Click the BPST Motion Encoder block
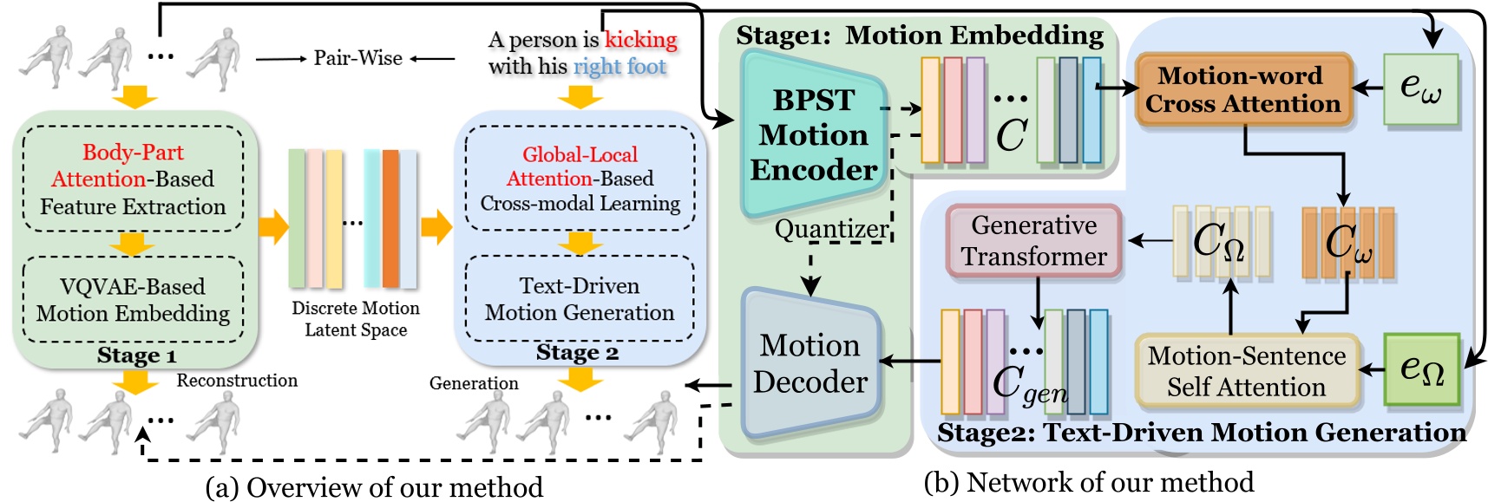point(812,134)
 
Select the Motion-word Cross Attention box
point(1242,90)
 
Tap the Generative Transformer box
point(1033,241)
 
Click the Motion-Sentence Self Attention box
point(1246,371)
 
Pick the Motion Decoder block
point(810,363)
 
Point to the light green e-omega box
point(1419,88)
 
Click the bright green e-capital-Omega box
point(1421,369)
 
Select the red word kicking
point(640,40)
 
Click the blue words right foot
point(619,67)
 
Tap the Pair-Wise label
point(357,58)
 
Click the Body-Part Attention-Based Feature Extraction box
point(133,179)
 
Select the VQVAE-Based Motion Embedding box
point(133,299)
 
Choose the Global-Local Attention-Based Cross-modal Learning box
point(580,179)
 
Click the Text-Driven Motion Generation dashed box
point(580,299)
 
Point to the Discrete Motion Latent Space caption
point(355,319)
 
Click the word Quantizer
point(831,229)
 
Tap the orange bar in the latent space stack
point(390,218)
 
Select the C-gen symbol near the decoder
point(1029,384)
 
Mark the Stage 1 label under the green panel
point(136,355)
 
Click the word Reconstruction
point(237,381)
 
